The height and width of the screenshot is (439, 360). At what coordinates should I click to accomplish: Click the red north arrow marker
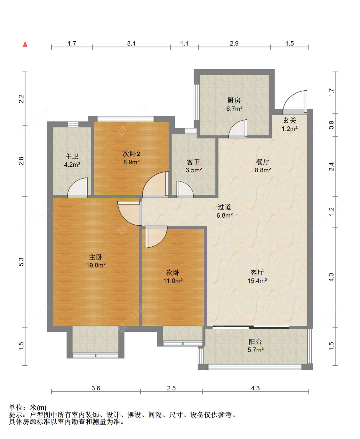click(x=25, y=44)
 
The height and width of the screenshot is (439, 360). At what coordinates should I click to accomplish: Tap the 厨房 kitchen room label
click(x=234, y=100)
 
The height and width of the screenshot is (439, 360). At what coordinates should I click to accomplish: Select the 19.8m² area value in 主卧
click(x=96, y=265)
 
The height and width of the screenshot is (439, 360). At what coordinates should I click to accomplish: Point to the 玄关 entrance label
click(x=289, y=121)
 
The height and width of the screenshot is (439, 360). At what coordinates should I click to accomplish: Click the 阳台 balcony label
click(x=255, y=342)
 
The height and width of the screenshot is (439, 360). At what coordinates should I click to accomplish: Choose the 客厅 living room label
click(x=257, y=273)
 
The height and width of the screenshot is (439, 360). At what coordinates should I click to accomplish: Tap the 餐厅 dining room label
click(x=262, y=162)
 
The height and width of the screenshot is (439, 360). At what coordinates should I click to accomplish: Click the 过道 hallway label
click(x=224, y=207)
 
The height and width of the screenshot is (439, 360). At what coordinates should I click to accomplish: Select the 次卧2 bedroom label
click(x=132, y=154)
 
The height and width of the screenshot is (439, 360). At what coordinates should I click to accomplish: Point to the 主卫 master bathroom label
click(x=72, y=156)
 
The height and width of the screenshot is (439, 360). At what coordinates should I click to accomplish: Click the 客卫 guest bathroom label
click(x=193, y=162)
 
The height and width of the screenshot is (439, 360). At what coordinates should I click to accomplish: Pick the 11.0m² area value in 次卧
click(x=173, y=281)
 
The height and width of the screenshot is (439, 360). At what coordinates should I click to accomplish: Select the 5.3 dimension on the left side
click(x=21, y=262)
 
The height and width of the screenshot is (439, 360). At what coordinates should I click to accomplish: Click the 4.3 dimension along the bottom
click(x=255, y=388)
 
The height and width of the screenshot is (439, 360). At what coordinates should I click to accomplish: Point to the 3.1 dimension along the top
click(x=131, y=44)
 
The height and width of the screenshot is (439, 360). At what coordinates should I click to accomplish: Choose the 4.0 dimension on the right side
click(x=332, y=277)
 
